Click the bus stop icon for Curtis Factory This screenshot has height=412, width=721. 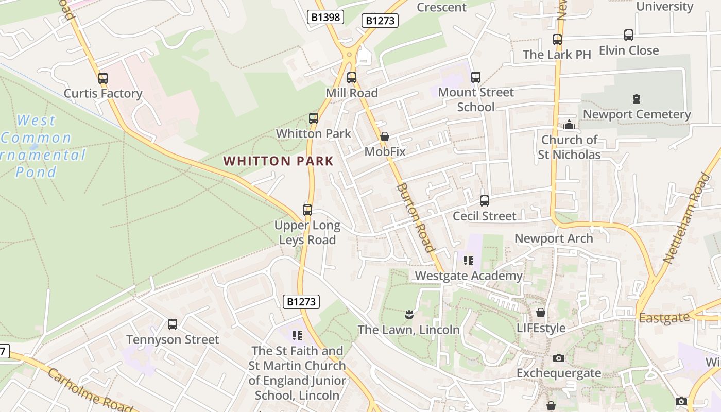click(103, 78)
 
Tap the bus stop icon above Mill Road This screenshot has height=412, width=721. click(352, 78)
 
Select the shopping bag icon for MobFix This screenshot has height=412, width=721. click(385, 136)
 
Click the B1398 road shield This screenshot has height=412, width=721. click(325, 17)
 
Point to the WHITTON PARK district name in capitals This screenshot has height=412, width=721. click(279, 161)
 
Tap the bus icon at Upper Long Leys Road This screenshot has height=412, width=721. click(307, 210)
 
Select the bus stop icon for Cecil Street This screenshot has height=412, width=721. click(485, 201)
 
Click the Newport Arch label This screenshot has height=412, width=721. click(554, 238)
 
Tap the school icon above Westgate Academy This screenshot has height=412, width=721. click(468, 261)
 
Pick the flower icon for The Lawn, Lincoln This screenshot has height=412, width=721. click(409, 314)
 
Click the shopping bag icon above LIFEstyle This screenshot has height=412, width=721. click(541, 313)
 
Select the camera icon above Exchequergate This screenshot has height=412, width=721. click(559, 358)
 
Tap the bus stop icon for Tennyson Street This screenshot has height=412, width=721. click(173, 324)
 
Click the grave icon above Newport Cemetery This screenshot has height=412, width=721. click(637, 99)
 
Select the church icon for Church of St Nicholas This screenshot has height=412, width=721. click(569, 125)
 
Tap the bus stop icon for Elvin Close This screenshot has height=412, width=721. click(629, 35)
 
